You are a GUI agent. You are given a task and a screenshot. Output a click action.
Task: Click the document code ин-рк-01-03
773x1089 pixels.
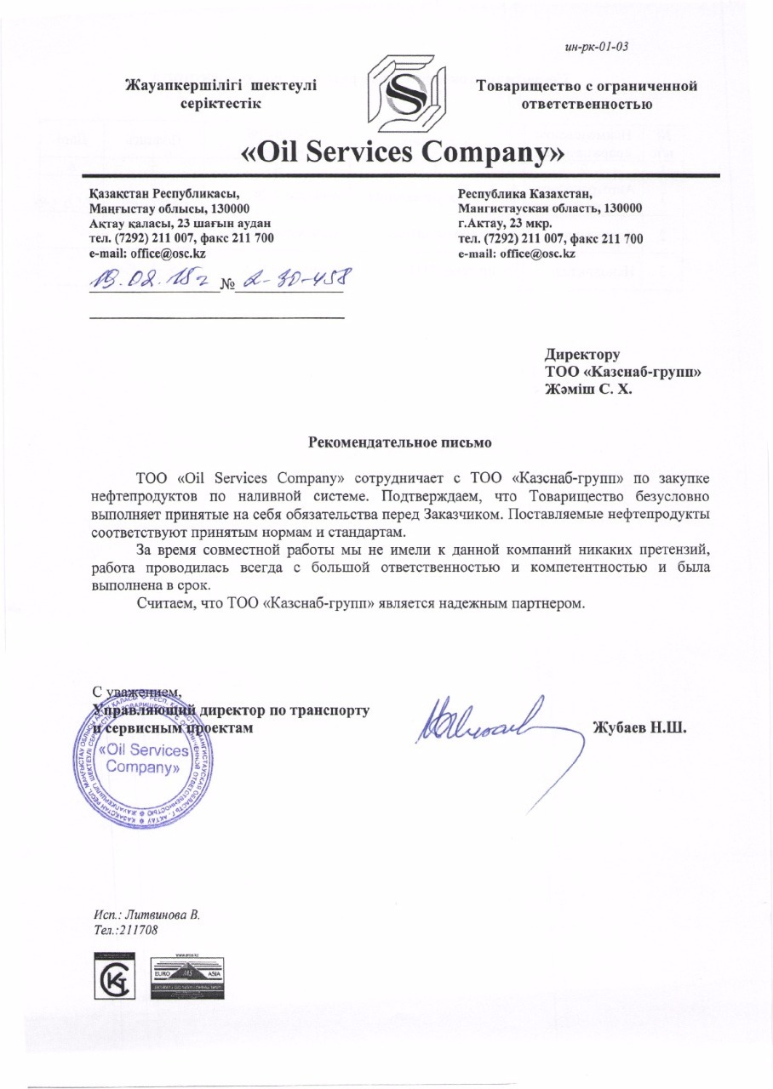click(596, 47)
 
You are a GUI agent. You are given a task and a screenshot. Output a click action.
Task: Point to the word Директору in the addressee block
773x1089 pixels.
click(582, 354)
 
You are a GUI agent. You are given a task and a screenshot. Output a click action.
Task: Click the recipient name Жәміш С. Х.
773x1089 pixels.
click(589, 390)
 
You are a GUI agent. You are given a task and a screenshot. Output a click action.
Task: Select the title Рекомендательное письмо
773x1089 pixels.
click(398, 443)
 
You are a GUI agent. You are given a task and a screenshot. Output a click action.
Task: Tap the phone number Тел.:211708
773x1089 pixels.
click(126, 931)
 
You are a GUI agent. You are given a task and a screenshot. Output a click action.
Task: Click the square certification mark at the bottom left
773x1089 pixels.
click(117, 978)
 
